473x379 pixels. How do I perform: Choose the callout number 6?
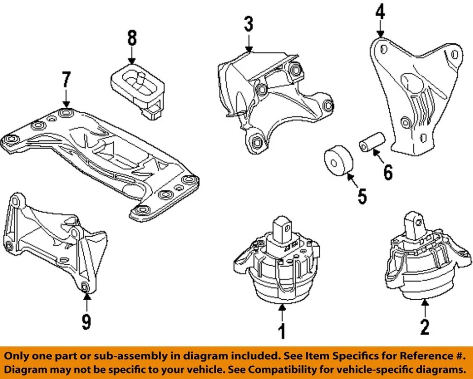click(388, 172)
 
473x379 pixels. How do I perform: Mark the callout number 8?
click(132, 38)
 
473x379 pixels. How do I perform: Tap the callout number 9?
click(86, 321)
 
